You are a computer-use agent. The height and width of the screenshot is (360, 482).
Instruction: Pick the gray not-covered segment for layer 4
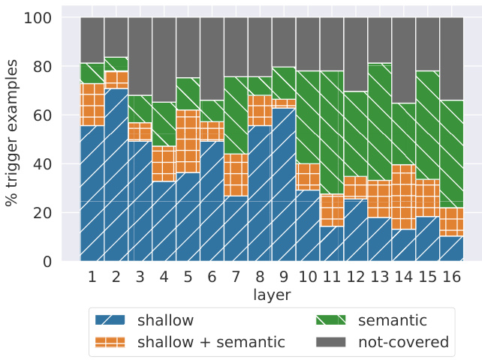pos(164,59)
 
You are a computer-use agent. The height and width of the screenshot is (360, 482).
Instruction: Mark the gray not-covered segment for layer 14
pos(403,60)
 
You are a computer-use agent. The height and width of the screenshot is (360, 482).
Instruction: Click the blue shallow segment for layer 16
pos(451,248)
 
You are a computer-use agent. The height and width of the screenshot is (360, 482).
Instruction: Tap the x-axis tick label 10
pos(308,277)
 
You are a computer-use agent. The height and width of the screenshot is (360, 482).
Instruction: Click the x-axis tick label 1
pos(92,277)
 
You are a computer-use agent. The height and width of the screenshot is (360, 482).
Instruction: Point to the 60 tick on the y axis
pos(53,115)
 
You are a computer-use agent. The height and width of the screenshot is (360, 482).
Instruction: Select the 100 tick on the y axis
pos(49,18)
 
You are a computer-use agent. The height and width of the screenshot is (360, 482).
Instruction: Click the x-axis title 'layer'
pos(271,295)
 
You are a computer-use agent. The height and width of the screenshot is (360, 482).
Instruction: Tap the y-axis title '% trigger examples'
pos(13,139)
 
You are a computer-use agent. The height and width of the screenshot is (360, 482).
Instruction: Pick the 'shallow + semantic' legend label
pos(211,343)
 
